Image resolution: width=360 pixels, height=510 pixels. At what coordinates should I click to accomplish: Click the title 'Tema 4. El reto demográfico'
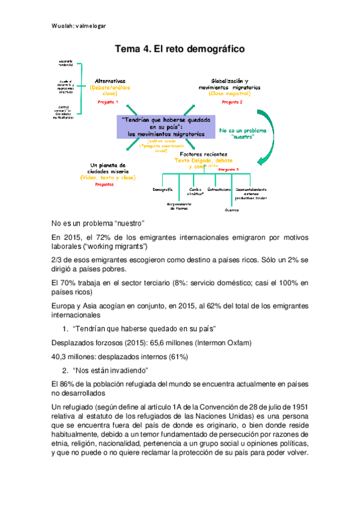click(180, 49)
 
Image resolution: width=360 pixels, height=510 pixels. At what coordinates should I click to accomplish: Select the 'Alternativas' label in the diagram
click(110, 81)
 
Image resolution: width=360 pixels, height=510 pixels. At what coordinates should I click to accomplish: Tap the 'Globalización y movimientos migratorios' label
click(230, 84)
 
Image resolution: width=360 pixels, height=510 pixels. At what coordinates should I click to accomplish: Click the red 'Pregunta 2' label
click(231, 102)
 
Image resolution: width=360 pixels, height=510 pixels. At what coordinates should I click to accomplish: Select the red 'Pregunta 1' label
click(108, 102)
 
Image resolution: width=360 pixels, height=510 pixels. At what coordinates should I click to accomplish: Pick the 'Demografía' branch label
click(163, 189)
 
